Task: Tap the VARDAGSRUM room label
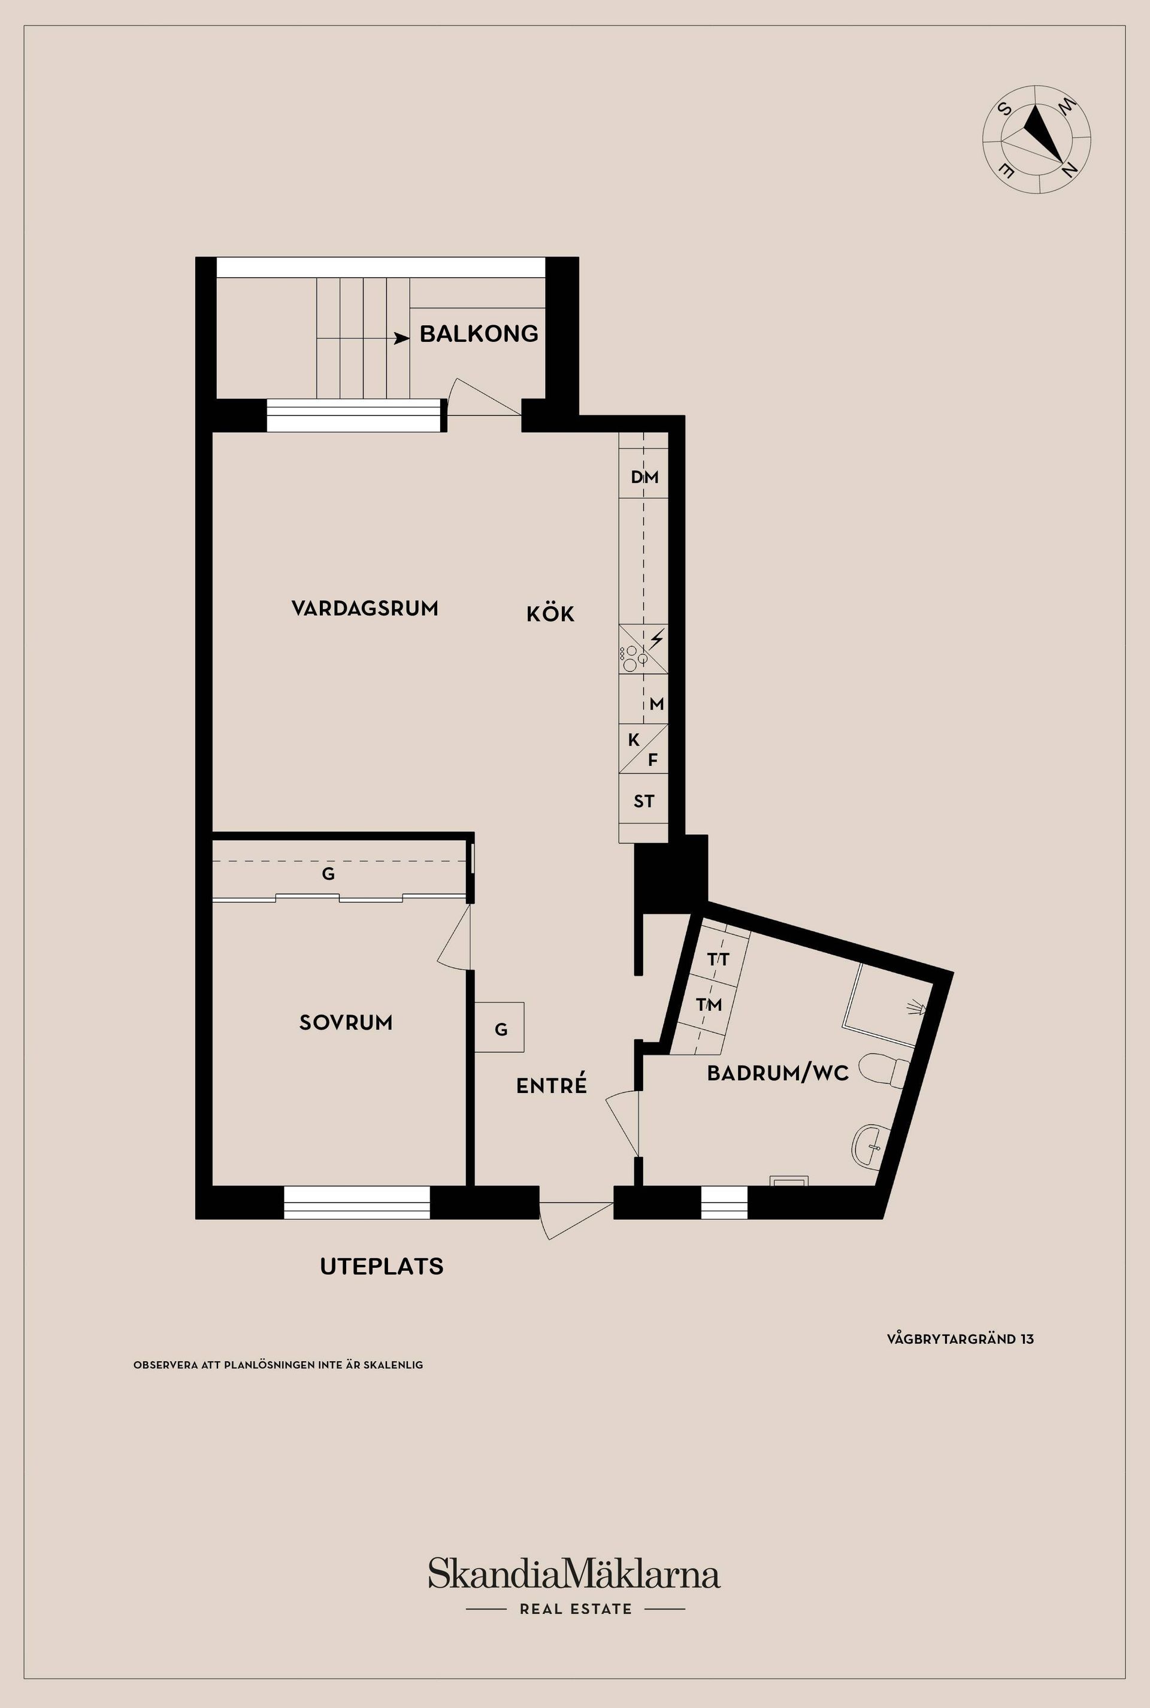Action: (365, 608)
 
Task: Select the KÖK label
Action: (550, 614)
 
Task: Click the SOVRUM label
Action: (346, 1022)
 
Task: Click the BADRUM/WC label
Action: (777, 1074)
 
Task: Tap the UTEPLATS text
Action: (382, 1267)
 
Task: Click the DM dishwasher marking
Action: (644, 477)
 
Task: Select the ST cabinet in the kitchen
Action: (643, 801)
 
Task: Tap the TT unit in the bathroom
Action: (718, 959)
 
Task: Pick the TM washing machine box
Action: (709, 1005)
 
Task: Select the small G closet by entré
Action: (500, 1029)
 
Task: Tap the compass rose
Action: (1036, 140)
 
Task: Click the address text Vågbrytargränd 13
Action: (960, 1339)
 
